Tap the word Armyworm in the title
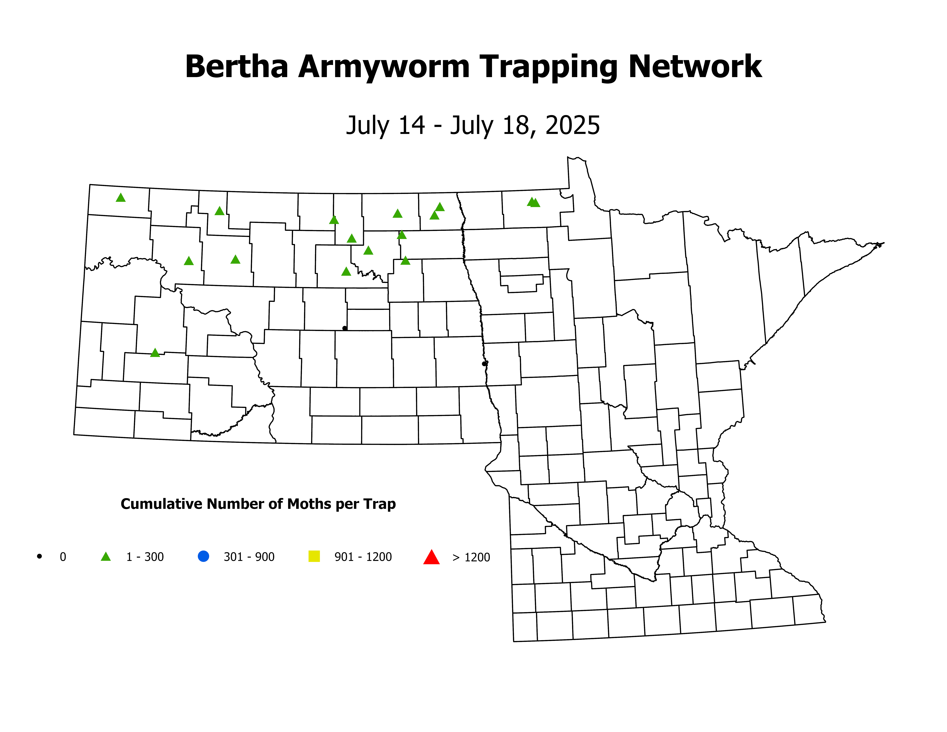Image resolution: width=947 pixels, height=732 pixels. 384,67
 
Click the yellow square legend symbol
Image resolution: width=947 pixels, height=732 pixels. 314,556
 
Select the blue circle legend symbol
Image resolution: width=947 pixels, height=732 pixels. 203,556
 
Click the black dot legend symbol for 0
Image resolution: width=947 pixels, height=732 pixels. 39,556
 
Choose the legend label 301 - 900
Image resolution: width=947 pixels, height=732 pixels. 249,557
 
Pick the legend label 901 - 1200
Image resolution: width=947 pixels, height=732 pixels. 363,557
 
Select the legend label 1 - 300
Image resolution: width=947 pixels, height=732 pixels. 145,557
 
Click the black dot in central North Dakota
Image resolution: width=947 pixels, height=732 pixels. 345,328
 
